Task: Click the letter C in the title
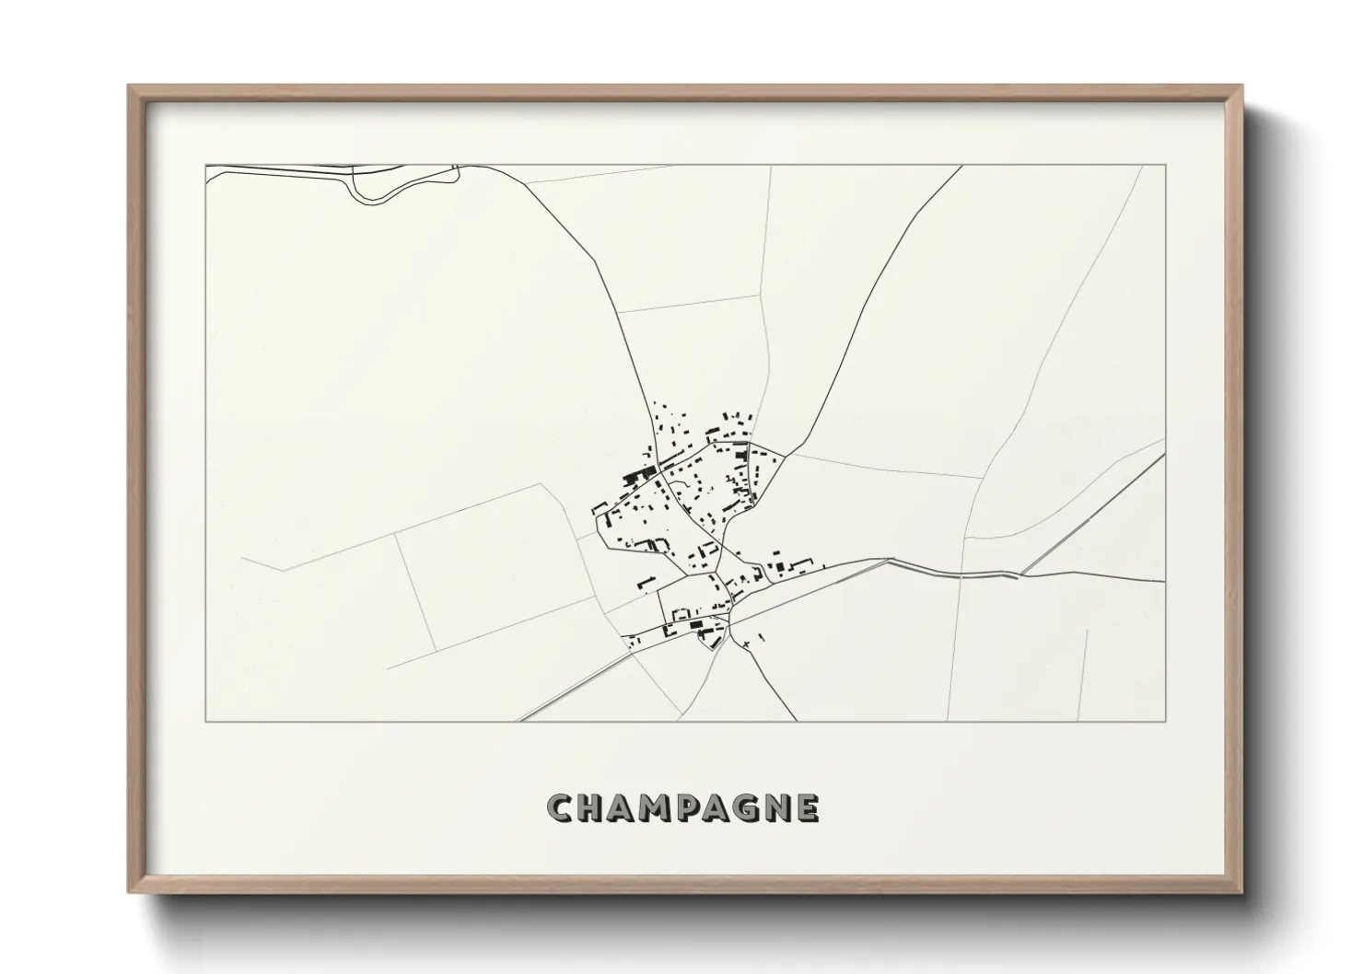tap(561, 809)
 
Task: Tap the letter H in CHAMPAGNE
tap(593, 809)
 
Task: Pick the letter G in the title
tap(744, 809)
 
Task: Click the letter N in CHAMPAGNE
tap(776, 809)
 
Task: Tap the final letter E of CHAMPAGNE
tap(807, 809)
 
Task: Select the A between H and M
tap(623, 809)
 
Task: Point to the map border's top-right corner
tap(1166, 165)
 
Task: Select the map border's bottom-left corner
tap(205, 721)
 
